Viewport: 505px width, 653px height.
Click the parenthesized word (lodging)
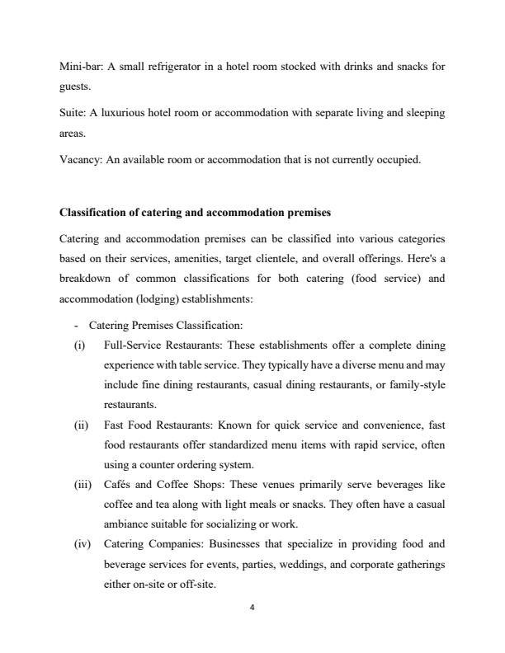pos(147,277)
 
